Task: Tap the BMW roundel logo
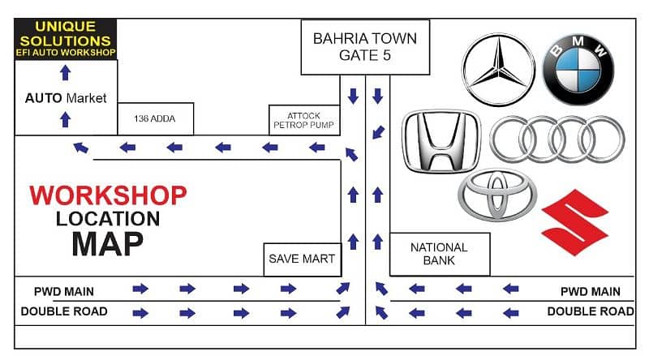(x=578, y=69)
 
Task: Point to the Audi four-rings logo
(x=557, y=139)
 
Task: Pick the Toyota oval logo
(x=497, y=195)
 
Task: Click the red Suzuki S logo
(x=575, y=222)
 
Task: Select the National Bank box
(x=439, y=254)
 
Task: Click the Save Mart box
(x=301, y=259)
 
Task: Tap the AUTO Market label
(x=66, y=98)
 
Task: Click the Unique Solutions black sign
(x=66, y=39)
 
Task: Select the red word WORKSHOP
(x=108, y=195)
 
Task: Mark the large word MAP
(x=107, y=242)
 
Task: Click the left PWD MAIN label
(x=64, y=291)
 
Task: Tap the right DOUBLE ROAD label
(x=591, y=311)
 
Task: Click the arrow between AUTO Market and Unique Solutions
(x=66, y=73)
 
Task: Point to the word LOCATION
(x=108, y=218)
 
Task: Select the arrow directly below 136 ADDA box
(x=174, y=148)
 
